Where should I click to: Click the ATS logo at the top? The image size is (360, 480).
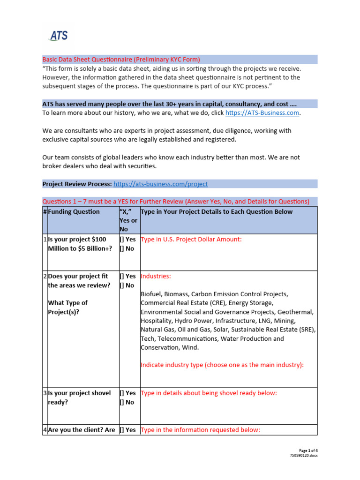pyautogui.click(x=59, y=36)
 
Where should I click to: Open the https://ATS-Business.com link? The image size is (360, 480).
pyautogui.click(x=262, y=113)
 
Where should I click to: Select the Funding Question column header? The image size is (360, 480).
pyautogui.click(x=74, y=212)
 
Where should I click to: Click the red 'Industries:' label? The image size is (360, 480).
pyautogui.click(x=156, y=277)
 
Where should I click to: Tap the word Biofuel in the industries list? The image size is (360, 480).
pyautogui.click(x=152, y=294)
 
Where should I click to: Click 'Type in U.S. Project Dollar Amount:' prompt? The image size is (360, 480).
pyautogui.click(x=191, y=240)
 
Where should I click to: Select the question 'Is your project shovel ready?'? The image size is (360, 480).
pyautogui.click(x=80, y=397)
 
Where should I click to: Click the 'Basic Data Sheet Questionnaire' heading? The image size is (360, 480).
pyautogui.click(x=121, y=60)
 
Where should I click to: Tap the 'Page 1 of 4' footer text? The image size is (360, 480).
pyautogui.click(x=308, y=450)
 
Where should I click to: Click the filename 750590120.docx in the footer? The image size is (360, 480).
pyautogui.click(x=304, y=456)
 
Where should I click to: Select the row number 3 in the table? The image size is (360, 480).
pyautogui.click(x=45, y=393)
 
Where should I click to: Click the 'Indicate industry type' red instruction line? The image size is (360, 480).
pyautogui.click(x=222, y=365)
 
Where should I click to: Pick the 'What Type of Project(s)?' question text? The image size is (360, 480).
pyautogui.click(x=67, y=307)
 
